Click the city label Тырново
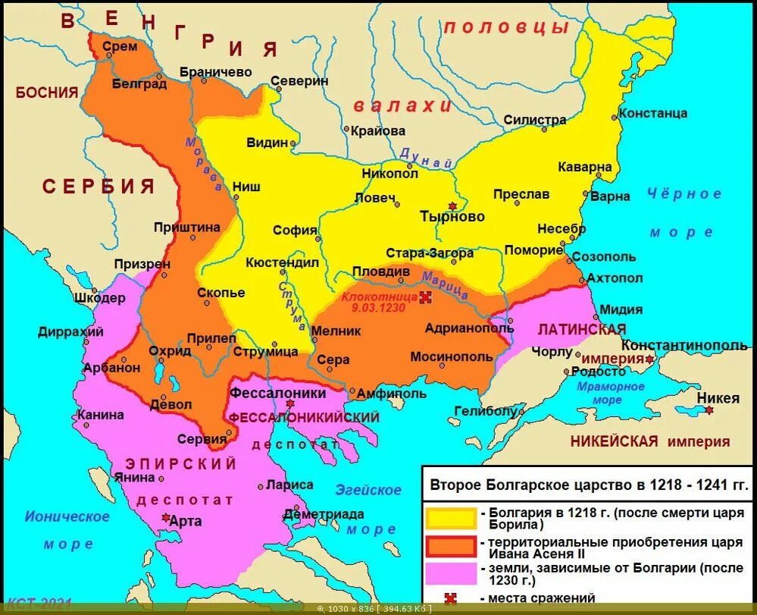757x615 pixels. (452, 217)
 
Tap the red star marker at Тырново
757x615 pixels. (453, 206)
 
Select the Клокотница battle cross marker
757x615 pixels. (426, 297)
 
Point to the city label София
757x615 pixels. (295, 231)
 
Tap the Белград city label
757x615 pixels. (139, 84)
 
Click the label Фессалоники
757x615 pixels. (277, 393)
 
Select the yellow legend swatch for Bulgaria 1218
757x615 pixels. (451, 517)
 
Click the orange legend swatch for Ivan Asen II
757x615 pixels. (451, 546)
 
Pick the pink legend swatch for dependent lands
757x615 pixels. (451, 574)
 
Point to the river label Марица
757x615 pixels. (446, 284)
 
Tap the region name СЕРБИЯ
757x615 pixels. (99, 187)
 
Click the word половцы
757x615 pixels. (506, 28)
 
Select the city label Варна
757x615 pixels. (610, 196)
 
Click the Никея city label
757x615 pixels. (718, 398)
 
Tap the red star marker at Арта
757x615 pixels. (166, 517)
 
